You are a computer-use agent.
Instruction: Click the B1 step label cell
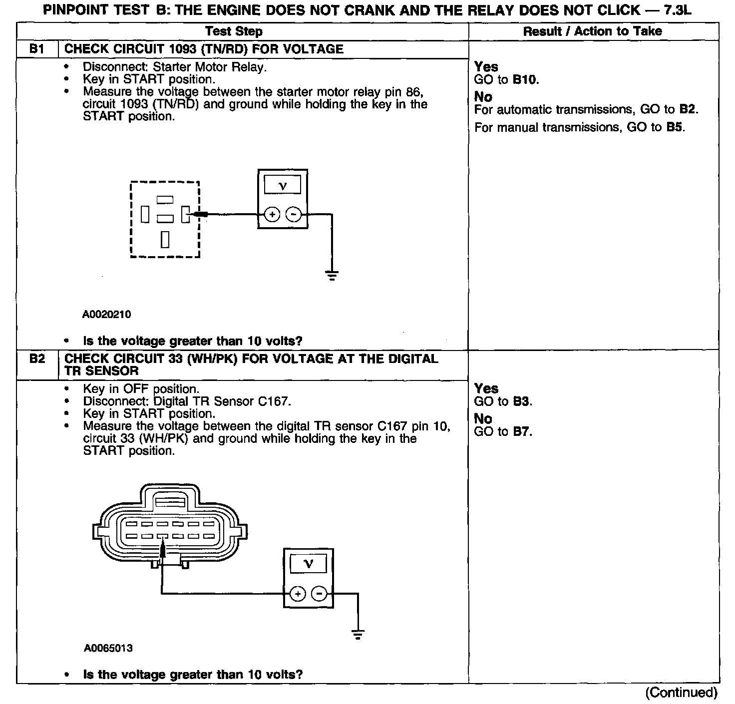[37, 49]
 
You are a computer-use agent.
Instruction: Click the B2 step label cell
[37, 359]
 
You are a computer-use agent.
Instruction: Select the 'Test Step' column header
[234, 31]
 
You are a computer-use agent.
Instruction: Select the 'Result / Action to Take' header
[592, 31]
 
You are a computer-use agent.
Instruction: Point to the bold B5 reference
[675, 127]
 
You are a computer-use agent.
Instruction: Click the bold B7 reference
[522, 431]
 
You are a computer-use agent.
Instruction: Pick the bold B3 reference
[522, 401]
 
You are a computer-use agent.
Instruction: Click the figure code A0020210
[107, 315]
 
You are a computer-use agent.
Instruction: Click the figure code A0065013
[108, 649]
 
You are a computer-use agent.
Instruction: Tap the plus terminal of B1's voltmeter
[272, 215]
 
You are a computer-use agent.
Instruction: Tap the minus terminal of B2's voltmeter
[319, 594]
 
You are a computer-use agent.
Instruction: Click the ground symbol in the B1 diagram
[332, 275]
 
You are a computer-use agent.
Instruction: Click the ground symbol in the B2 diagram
[358, 635]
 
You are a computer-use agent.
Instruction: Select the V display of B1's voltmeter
[283, 185]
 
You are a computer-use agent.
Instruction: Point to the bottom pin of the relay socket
[165, 240]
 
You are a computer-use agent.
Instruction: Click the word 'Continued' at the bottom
[681, 693]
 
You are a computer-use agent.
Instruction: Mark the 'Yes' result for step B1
[486, 67]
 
